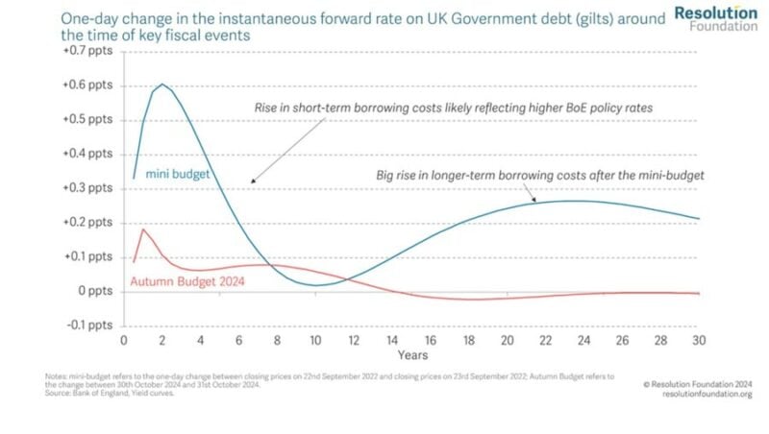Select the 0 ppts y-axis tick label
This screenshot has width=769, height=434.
click(95, 290)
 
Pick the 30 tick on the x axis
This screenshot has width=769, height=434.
click(699, 341)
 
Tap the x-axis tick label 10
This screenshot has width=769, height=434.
click(315, 341)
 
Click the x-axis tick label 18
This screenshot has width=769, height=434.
click(469, 341)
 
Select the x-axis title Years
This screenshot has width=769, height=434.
click(411, 355)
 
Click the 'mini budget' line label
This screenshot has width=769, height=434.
click(178, 175)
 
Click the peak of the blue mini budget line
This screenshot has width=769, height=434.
click(163, 84)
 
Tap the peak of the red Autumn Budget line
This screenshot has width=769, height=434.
click(143, 229)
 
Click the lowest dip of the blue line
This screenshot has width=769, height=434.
click(315, 285)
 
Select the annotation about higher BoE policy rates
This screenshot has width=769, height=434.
click(453, 108)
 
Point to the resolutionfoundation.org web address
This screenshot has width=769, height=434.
click(707, 394)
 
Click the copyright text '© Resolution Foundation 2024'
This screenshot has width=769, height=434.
click(699, 383)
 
